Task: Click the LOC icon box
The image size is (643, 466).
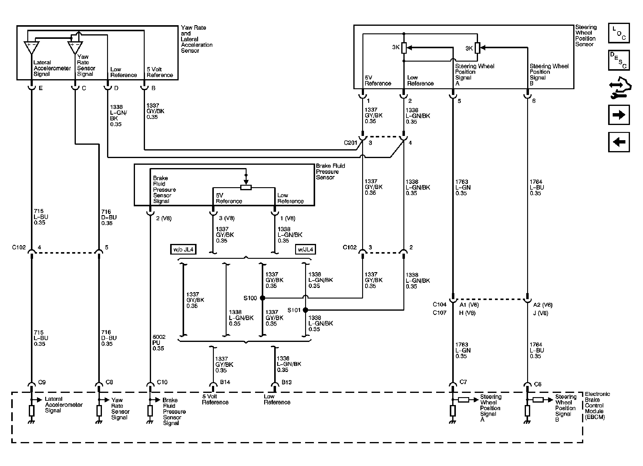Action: pyautogui.click(x=619, y=33)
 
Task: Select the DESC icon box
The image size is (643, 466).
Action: pyautogui.click(x=619, y=60)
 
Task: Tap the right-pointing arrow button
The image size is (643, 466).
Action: pyautogui.click(x=619, y=115)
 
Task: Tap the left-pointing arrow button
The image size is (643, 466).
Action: pyautogui.click(x=619, y=142)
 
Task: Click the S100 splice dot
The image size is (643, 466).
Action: pyautogui.click(x=263, y=298)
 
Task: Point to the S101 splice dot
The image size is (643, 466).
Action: pyautogui.click(x=305, y=310)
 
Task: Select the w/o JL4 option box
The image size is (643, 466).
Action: pyautogui.click(x=183, y=250)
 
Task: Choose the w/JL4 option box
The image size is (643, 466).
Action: pyautogui.click(x=305, y=250)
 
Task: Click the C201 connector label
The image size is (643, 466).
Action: pyautogui.click(x=350, y=143)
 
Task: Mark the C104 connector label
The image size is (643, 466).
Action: pyautogui.click(x=439, y=305)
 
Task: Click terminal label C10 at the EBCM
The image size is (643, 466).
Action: pyautogui.click(x=162, y=382)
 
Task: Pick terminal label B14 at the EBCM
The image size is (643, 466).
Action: pyautogui.click(x=225, y=382)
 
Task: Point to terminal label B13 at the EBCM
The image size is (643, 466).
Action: pyautogui.click(x=286, y=382)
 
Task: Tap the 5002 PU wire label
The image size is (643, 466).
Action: pyautogui.click(x=159, y=343)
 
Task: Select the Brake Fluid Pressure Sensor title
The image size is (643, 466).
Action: pyautogui.click(x=330, y=172)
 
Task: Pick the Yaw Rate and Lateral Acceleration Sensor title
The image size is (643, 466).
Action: pyautogui.click(x=196, y=39)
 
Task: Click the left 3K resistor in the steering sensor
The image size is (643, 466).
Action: pyautogui.click(x=404, y=48)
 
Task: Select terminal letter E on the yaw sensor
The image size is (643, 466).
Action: pyautogui.click(x=41, y=88)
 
